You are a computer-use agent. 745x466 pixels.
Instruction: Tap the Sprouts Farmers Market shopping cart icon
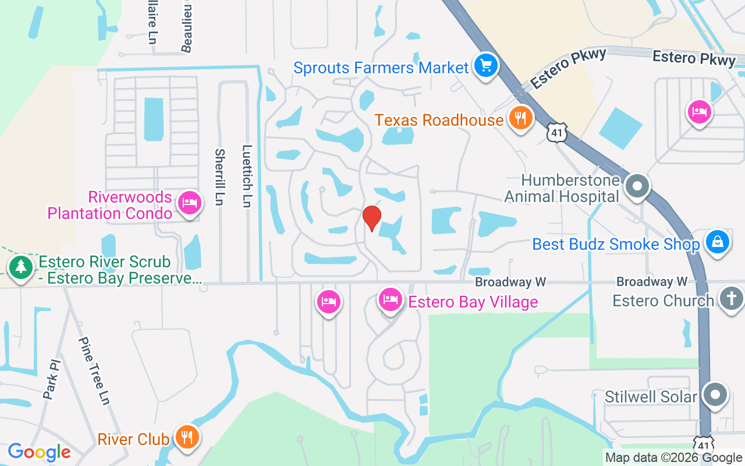[x=485, y=65]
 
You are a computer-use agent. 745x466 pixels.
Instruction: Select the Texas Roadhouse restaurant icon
[x=520, y=118]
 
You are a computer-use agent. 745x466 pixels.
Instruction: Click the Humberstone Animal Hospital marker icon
[x=637, y=186]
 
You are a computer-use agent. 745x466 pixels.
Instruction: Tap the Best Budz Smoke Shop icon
[x=717, y=241]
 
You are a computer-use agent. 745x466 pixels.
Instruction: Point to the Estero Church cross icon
[x=731, y=298]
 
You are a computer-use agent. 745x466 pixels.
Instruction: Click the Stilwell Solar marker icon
[x=715, y=396]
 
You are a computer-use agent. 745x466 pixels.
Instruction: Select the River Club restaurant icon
[x=186, y=436]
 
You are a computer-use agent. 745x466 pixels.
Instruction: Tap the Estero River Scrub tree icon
[x=21, y=268]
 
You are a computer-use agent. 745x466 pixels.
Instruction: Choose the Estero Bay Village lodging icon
[x=391, y=300]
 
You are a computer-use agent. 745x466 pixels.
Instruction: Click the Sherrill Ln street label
[x=219, y=176]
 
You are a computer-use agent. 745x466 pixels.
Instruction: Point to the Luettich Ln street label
[x=247, y=176]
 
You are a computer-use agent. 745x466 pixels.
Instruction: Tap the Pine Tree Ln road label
[x=94, y=370]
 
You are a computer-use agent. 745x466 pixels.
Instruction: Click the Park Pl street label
[x=52, y=379]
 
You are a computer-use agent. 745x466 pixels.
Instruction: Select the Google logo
[x=39, y=452]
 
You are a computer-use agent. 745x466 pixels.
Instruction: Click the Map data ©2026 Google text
[x=673, y=458]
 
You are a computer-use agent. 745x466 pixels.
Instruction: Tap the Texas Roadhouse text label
[x=438, y=120]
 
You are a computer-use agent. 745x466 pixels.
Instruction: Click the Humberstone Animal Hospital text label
[x=562, y=188]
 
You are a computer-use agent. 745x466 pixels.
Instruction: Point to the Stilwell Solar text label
[x=651, y=397]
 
